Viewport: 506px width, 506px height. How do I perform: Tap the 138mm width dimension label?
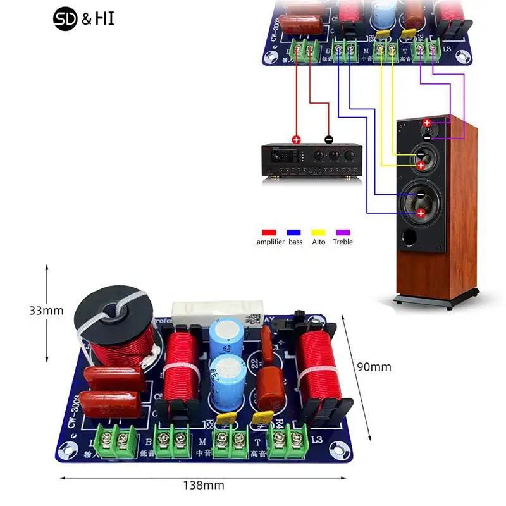(204, 486)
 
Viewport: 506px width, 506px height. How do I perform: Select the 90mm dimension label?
(374, 367)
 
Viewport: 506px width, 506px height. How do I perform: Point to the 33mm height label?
(46, 311)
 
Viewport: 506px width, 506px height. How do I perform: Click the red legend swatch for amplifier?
(271, 233)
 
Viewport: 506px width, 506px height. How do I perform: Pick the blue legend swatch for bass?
(295, 233)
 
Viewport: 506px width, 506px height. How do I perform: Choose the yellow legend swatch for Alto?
(319, 233)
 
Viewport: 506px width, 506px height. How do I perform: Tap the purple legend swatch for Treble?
(342, 233)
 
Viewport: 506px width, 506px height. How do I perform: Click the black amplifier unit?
(312, 161)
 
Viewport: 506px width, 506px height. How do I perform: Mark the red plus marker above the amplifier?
(296, 139)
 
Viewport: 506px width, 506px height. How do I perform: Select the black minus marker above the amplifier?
(328, 139)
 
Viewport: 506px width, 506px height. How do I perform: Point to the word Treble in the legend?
(343, 242)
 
